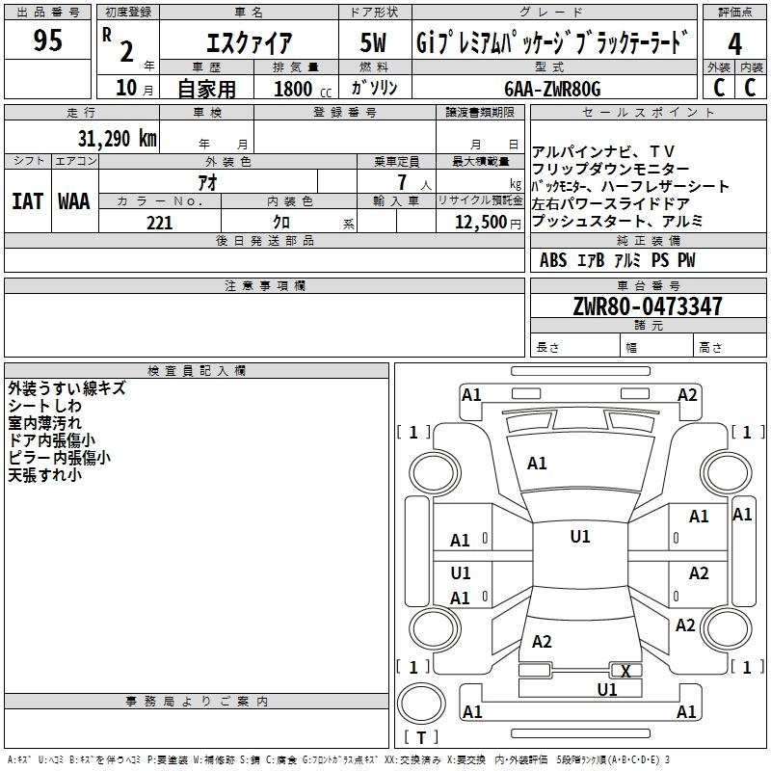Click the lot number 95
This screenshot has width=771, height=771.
[x=47, y=40]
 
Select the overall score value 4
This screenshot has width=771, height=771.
[x=734, y=43]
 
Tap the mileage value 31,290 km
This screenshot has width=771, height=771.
[x=117, y=138]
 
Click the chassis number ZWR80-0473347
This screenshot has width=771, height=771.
[x=648, y=306]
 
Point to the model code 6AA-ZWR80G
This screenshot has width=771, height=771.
[x=552, y=89]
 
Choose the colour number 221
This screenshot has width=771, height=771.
[x=160, y=223]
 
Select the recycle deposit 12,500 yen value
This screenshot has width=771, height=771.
[x=488, y=223]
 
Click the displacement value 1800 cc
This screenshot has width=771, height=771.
[x=303, y=89]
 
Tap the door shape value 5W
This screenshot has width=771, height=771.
[x=373, y=42]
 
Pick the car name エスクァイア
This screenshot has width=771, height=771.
[x=250, y=42]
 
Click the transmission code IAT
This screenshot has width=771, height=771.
[x=28, y=201]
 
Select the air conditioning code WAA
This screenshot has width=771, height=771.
[x=74, y=201]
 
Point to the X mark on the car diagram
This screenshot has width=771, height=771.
[x=625, y=671]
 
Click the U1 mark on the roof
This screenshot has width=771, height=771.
[x=580, y=537]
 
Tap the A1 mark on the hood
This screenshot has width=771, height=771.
[x=537, y=464]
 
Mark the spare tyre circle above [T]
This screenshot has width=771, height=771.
[x=421, y=704]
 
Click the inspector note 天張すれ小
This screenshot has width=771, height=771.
[x=44, y=475]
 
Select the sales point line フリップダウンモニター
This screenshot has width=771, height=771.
[x=610, y=170]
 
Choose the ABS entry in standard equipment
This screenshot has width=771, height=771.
[x=553, y=260]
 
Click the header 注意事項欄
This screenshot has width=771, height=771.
[x=265, y=285]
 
